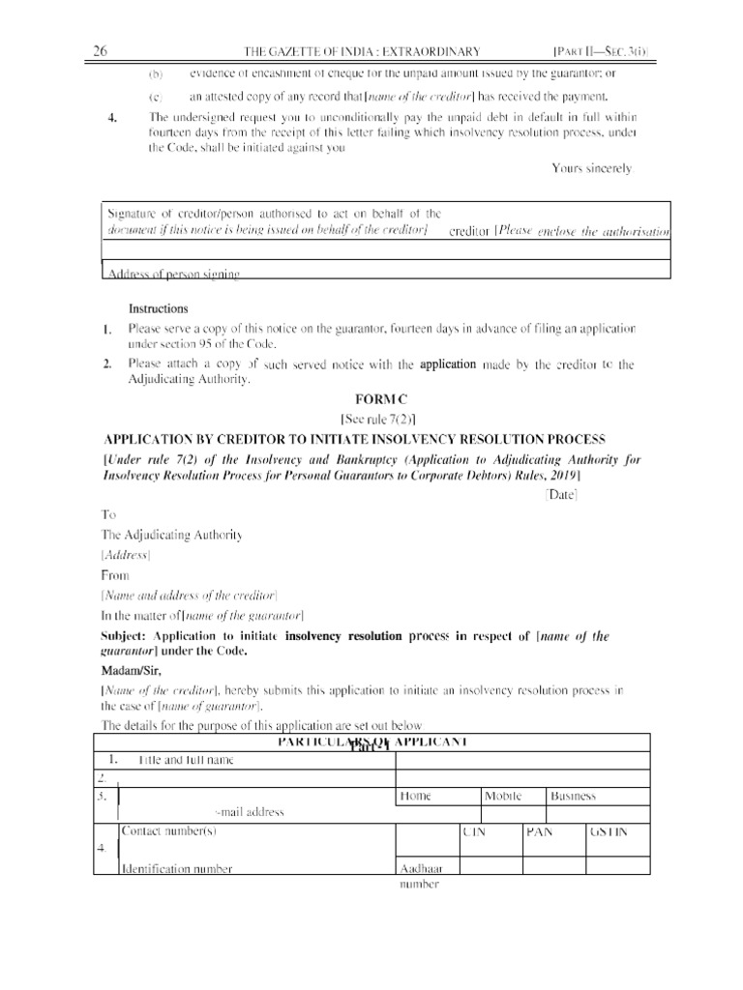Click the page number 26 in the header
point(100,51)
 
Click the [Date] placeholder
point(561,494)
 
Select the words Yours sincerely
point(592,168)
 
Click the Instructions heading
point(159,308)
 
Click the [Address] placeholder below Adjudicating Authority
point(126,555)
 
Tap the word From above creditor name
point(115,575)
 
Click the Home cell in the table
point(415,796)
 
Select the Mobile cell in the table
point(502,796)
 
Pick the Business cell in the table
point(573,796)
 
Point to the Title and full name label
point(186,760)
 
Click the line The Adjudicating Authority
point(171,535)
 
